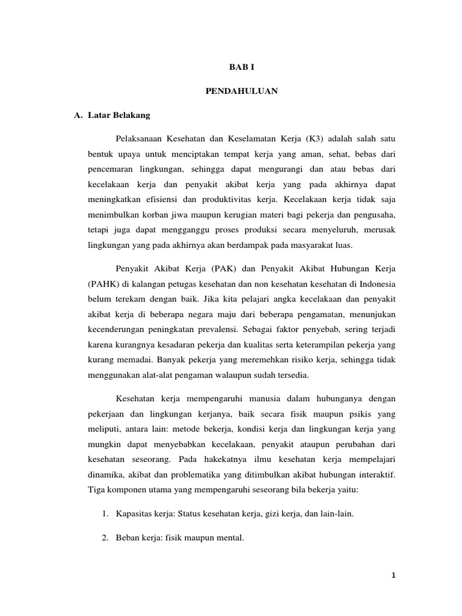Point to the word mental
(x=229, y=538)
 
